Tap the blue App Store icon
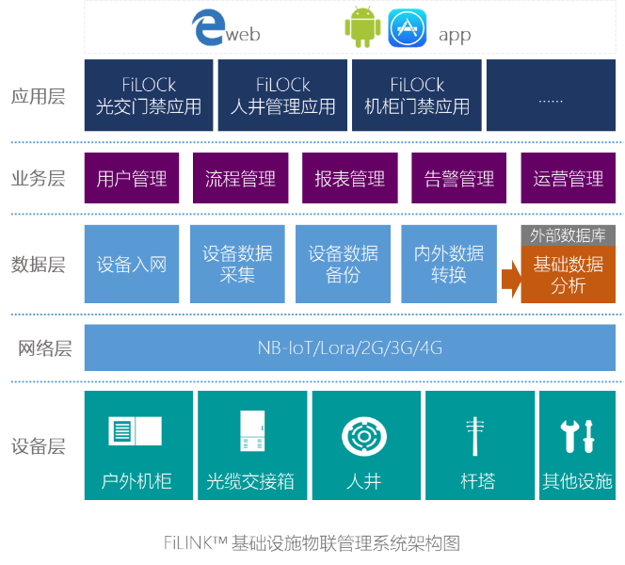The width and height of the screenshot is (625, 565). [407, 29]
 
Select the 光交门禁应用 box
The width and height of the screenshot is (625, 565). [149, 96]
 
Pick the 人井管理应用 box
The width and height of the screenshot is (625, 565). [282, 96]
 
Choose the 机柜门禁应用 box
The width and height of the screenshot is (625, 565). [417, 96]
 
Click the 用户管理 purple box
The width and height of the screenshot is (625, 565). [132, 179]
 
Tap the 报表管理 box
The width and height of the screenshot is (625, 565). [350, 179]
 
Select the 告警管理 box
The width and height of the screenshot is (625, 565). [459, 179]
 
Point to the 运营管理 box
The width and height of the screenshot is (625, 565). [568, 179]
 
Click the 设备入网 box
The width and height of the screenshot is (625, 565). [132, 265]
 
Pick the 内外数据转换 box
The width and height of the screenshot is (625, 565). [449, 265]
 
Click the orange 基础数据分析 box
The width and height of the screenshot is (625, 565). [569, 275]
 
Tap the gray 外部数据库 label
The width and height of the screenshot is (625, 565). [569, 235]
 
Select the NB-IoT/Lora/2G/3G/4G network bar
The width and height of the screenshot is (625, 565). [350, 348]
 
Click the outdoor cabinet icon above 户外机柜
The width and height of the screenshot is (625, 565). [136, 432]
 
